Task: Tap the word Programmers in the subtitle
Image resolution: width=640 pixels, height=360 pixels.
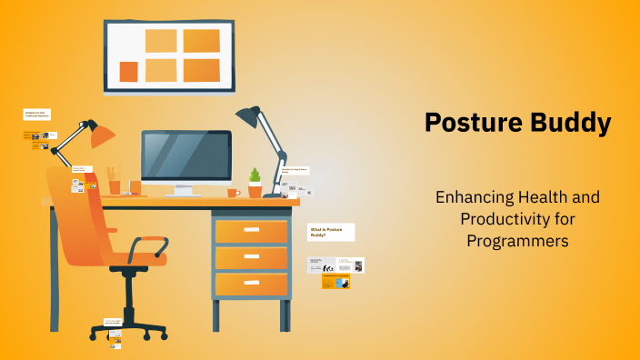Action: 517,241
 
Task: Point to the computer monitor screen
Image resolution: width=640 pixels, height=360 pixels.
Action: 185,156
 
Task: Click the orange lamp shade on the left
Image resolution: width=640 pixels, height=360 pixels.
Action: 101,135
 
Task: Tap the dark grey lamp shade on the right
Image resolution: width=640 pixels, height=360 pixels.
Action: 247,115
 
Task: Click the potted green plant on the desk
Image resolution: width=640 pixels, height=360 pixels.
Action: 255,181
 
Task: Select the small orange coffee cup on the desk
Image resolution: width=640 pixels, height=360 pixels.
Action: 233,192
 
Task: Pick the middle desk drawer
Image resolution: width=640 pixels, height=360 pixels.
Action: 251,258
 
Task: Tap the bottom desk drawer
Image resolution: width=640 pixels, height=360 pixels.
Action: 251,285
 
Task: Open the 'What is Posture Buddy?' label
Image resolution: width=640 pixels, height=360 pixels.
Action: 331,233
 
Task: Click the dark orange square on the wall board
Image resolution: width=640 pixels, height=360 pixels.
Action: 128,71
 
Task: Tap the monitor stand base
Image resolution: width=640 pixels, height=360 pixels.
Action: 183,194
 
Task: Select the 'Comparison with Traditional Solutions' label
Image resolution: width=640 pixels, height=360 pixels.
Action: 37,115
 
